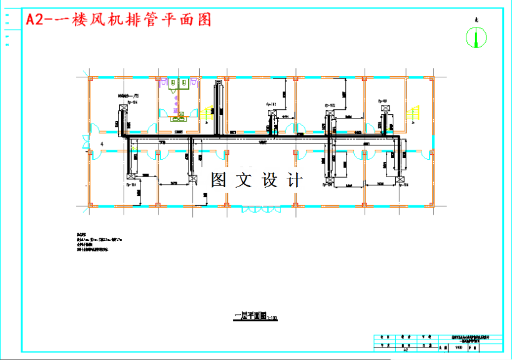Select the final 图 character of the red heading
(x=203, y=20)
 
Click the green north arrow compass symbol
(x=476, y=38)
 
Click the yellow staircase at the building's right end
(x=414, y=115)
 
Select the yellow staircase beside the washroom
(x=207, y=113)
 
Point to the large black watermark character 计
(x=295, y=180)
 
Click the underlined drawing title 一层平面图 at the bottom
(x=250, y=316)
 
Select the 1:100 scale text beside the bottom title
(x=272, y=318)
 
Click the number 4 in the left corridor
(x=101, y=144)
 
